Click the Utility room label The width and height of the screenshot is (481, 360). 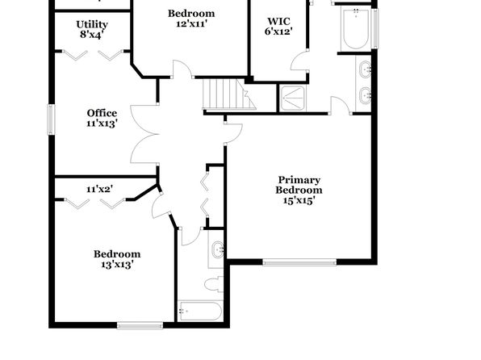[x=92, y=24]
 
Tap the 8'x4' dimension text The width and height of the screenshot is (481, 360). [x=90, y=35]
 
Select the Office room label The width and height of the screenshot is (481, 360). [x=102, y=113]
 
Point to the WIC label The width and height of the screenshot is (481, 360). [x=278, y=21]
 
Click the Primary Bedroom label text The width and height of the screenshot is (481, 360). [x=299, y=185]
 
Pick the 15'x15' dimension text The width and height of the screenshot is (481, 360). [x=299, y=200]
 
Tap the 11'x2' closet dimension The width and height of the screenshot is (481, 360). [x=100, y=189]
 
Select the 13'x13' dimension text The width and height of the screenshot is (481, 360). [x=117, y=264]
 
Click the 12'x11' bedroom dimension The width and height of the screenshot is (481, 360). [x=192, y=23]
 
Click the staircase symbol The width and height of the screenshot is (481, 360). [x=229, y=94]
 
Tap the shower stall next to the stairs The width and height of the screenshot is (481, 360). [x=293, y=98]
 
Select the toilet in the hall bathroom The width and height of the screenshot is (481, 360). [x=214, y=284]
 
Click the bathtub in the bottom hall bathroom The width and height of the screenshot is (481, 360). [x=200, y=312]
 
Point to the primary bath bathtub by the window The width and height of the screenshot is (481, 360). [x=356, y=30]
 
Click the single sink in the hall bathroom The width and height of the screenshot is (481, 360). [x=218, y=249]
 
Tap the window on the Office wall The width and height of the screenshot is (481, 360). [x=51, y=119]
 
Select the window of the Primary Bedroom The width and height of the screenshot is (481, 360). [x=299, y=262]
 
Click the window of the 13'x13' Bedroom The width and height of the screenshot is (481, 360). [x=140, y=325]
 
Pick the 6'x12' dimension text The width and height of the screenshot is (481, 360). [x=278, y=31]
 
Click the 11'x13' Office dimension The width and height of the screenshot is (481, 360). [x=102, y=123]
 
